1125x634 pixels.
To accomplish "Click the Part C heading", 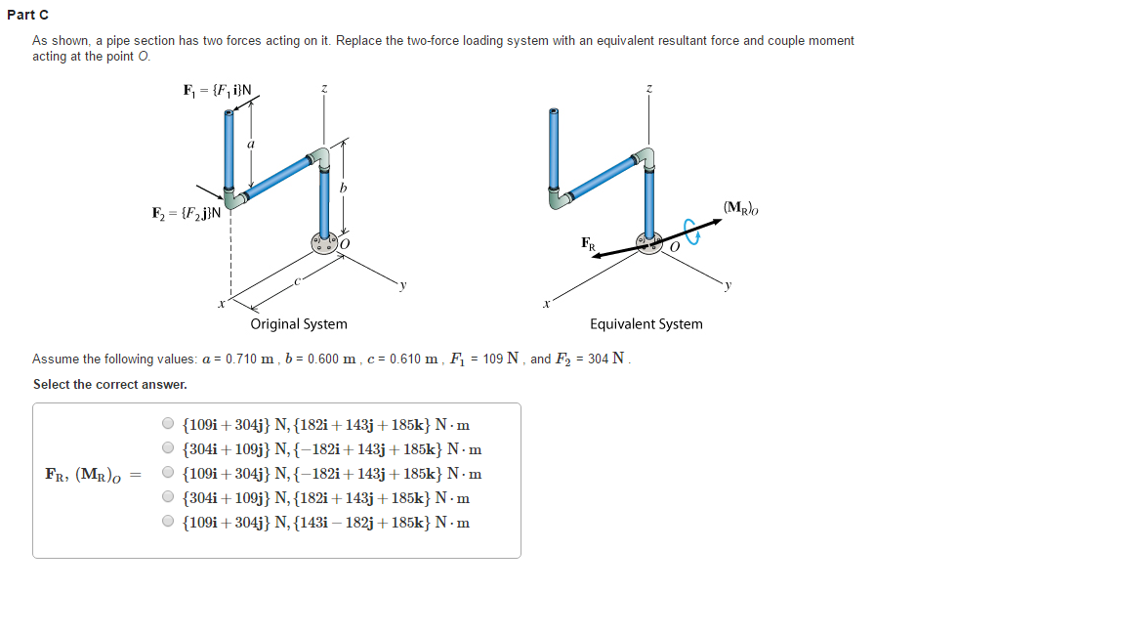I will (x=27, y=15).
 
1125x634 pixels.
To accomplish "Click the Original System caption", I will (x=299, y=324).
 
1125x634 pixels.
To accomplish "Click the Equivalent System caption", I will (x=646, y=324).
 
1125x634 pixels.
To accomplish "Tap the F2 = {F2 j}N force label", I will (x=187, y=213).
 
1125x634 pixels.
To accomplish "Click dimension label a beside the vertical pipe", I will (x=251, y=144).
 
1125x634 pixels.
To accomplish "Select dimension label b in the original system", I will (x=343, y=188).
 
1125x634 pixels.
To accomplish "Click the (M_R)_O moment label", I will (x=741, y=207).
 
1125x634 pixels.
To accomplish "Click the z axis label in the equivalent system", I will (x=648, y=89).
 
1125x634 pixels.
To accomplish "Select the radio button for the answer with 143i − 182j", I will (x=168, y=522).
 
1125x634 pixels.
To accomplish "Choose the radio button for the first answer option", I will (x=168, y=425).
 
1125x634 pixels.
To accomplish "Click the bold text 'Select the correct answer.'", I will (x=110, y=385).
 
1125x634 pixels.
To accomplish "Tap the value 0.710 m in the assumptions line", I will (x=250, y=359).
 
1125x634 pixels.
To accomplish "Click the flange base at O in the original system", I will (x=323, y=242).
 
